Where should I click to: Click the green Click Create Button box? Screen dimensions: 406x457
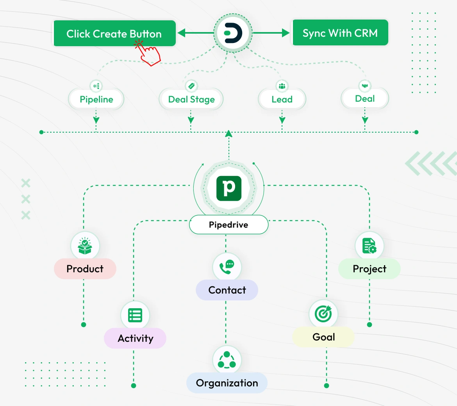point(114,34)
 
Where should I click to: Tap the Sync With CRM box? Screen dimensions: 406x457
point(340,33)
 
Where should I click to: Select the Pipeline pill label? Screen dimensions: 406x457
point(96,99)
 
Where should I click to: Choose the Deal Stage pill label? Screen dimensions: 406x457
point(191,99)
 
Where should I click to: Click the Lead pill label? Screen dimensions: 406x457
point(282,99)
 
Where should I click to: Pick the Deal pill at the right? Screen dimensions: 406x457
point(364,99)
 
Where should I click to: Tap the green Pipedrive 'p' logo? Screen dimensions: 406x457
point(229,188)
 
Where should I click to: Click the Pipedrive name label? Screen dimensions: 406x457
point(228,225)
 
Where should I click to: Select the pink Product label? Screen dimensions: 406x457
point(85,269)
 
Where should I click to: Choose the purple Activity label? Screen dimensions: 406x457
point(135,338)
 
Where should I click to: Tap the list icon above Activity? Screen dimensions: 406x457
point(135,315)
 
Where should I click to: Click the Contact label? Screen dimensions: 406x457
point(227,290)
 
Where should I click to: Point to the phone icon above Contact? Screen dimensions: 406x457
point(227,267)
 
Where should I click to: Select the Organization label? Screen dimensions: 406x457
point(227,383)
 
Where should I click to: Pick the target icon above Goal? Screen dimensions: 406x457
point(323,313)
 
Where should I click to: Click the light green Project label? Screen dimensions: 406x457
point(369,269)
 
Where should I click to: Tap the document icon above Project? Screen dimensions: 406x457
point(369,246)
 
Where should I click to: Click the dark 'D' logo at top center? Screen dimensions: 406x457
point(233,33)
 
